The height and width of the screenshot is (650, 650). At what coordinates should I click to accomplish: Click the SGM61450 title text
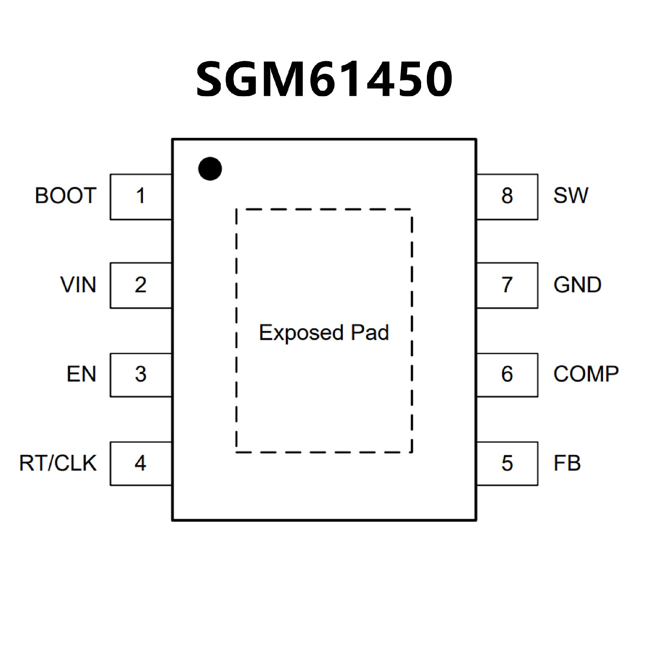pyautogui.click(x=324, y=79)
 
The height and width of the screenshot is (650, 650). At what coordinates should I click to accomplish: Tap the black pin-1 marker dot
pyautogui.click(x=210, y=169)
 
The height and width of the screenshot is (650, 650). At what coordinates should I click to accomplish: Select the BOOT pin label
pyautogui.click(x=66, y=195)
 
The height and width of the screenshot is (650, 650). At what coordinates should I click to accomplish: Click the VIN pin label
pyautogui.click(x=79, y=284)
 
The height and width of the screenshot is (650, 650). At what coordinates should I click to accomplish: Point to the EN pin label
pyautogui.click(x=82, y=374)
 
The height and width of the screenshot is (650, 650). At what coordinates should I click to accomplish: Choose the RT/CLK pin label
pyautogui.click(x=58, y=463)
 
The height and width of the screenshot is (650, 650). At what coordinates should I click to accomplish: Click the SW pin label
pyautogui.click(x=571, y=195)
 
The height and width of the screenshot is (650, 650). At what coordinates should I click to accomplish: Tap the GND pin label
pyautogui.click(x=578, y=284)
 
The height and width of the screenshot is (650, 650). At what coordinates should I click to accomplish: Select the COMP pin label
pyautogui.click(x=586, y=374)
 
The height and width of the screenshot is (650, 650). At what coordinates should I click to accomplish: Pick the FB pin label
pyautogui.click(x=567, y=463)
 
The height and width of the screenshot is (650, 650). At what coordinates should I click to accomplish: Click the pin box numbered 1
pyautogui.click(x=141, y=197)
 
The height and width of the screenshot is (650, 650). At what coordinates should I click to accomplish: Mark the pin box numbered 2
pyautogui.click(x=141, y=285)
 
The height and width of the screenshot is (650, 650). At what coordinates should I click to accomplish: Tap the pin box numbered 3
pyautogui.click(x=141, y=375)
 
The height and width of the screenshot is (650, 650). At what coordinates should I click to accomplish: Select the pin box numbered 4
pyautogui.click(x=141, y=463)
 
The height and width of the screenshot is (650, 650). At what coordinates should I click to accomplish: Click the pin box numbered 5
pyautogui.click(x=507, y=463)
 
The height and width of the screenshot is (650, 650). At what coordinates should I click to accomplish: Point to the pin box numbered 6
pyautogui.click(x=507, y=375)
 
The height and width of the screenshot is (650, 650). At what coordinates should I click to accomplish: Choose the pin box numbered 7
pyautogui.click(x=507, y=285)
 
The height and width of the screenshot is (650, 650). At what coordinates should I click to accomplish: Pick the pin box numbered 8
pyautogui.click(x=507, y=197)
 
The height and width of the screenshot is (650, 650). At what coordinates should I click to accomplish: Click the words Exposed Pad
pyautogui.click(x=324, y=333)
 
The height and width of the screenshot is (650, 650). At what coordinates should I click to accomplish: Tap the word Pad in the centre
pyautogui.click(x=370, y=332)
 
